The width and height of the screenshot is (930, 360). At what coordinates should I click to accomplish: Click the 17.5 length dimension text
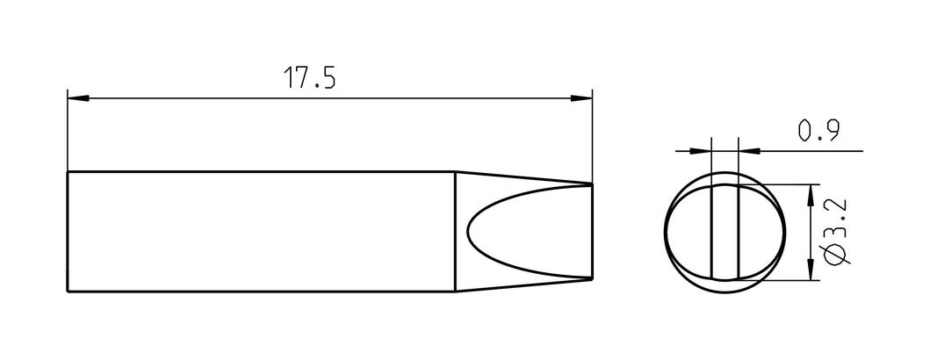(x=309, y=77)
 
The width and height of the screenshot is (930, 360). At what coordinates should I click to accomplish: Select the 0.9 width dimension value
(x=818, y=131)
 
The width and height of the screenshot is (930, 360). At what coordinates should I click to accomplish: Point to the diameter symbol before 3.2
(x=836, y=254)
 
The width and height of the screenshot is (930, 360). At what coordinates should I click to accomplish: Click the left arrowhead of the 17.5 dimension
(x=78, y=97)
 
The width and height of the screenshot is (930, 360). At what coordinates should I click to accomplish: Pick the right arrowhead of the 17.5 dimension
(x=581, y=97)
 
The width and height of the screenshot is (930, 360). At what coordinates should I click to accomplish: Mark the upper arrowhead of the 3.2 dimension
(x=811, y=195)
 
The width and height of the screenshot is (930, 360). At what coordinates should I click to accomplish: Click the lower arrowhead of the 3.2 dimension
(x=811, y=270)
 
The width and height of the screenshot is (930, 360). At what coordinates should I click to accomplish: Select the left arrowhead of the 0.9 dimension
(x=700, y=151)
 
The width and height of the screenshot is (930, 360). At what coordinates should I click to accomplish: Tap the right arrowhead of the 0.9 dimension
(x=749, y=151)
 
